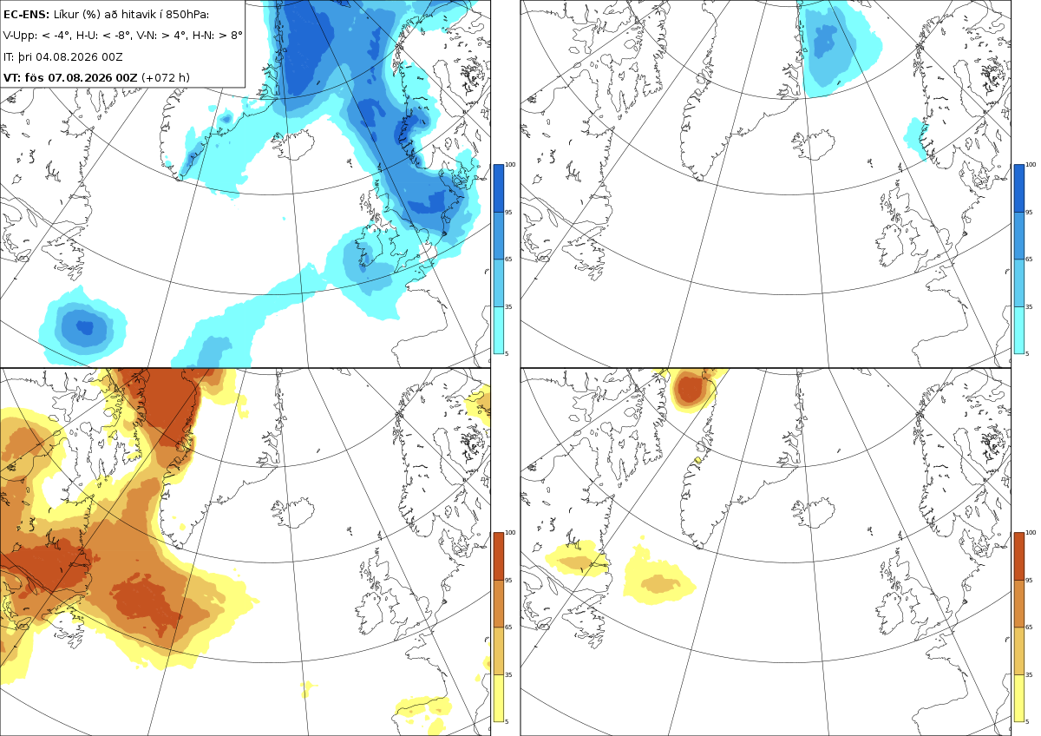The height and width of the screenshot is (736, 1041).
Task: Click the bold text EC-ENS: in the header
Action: click(x=26, y=15)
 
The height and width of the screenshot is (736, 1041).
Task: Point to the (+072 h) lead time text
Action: click(x=166, y=77)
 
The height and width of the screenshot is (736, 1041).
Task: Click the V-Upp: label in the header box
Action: click(x=17, y=36)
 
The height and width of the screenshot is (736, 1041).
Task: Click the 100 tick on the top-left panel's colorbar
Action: click(x=510, y=165)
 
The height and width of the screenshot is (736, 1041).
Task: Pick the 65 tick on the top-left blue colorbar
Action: click(x=508, y=259)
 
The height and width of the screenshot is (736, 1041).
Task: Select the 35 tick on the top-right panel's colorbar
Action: click(x=1029, y=307)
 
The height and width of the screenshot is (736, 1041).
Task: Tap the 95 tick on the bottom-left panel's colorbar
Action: click(x=508, y=581)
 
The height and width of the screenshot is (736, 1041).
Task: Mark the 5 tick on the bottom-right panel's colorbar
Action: click(x=1027, y=721)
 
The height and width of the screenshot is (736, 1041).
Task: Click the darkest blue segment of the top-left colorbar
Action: click(x=498, y=188)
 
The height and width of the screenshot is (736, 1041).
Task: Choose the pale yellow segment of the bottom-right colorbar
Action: click(x=1018, y=698)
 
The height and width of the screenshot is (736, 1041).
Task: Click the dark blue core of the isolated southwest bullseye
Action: click(x=85, y=327)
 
